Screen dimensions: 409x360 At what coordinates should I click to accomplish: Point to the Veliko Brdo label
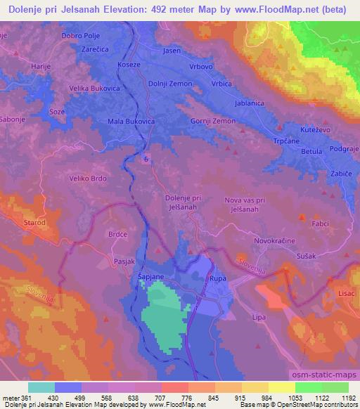[x=87, y=178]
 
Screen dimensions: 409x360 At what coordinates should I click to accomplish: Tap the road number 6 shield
[x=146, y=160]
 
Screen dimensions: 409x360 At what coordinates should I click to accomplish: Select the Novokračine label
[x=275, y=240]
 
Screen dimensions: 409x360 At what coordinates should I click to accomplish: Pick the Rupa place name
[x=217, y=279]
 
